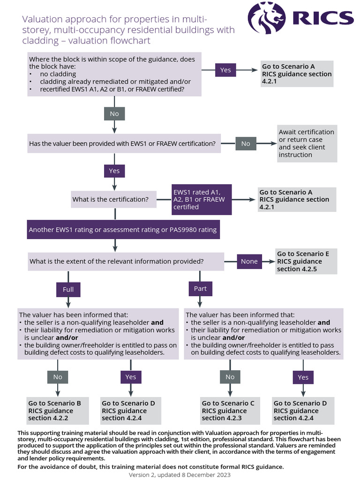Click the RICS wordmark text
[322, 18]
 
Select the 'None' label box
[249, 261]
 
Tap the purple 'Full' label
[68, 289]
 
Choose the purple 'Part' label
[200, 289]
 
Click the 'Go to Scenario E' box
[306, 261]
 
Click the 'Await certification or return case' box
[307, 143]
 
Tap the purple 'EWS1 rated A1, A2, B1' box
[202, 199]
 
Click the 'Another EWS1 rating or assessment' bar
[122, 230]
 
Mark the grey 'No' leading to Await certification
[246, 143]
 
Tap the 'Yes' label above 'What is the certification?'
[114, 171]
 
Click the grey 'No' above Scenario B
[57, 377]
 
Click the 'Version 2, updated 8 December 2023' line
[180, 474]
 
